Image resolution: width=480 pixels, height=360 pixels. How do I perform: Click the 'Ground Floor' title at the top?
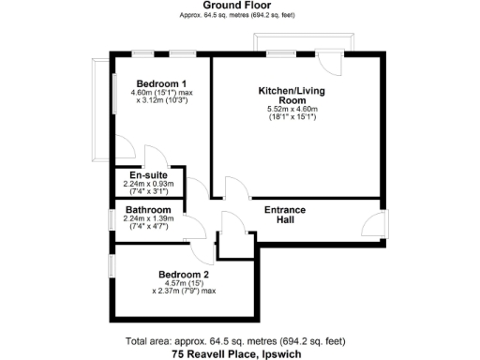[x=240, y=6]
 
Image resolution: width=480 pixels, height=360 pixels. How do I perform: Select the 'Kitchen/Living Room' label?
[x=293, y=95]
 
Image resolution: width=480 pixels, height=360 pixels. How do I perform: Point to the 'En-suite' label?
[x=148, y=175]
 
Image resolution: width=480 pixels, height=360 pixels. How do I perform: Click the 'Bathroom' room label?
[x=148, y=209]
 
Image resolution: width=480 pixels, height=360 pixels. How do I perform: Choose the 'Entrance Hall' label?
[x=286, y=215]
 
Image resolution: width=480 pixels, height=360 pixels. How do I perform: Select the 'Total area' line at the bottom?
[x=239, y=342]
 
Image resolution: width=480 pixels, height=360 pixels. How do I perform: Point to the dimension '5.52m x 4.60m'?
[x=293, y=110]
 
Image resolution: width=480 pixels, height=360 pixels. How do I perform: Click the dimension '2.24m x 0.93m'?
[x=148, y=185]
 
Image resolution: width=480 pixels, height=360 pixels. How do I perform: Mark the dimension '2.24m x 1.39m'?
[x=148, y=218]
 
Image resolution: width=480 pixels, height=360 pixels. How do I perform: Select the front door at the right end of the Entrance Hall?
[x=373, y=225]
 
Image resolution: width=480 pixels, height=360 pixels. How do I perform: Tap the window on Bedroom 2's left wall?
[x=111, y=265]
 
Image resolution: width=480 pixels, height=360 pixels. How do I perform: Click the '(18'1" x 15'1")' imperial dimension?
[x=293, y=118]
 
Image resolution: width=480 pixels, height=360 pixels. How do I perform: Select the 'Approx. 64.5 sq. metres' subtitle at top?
[x=240, y=16]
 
